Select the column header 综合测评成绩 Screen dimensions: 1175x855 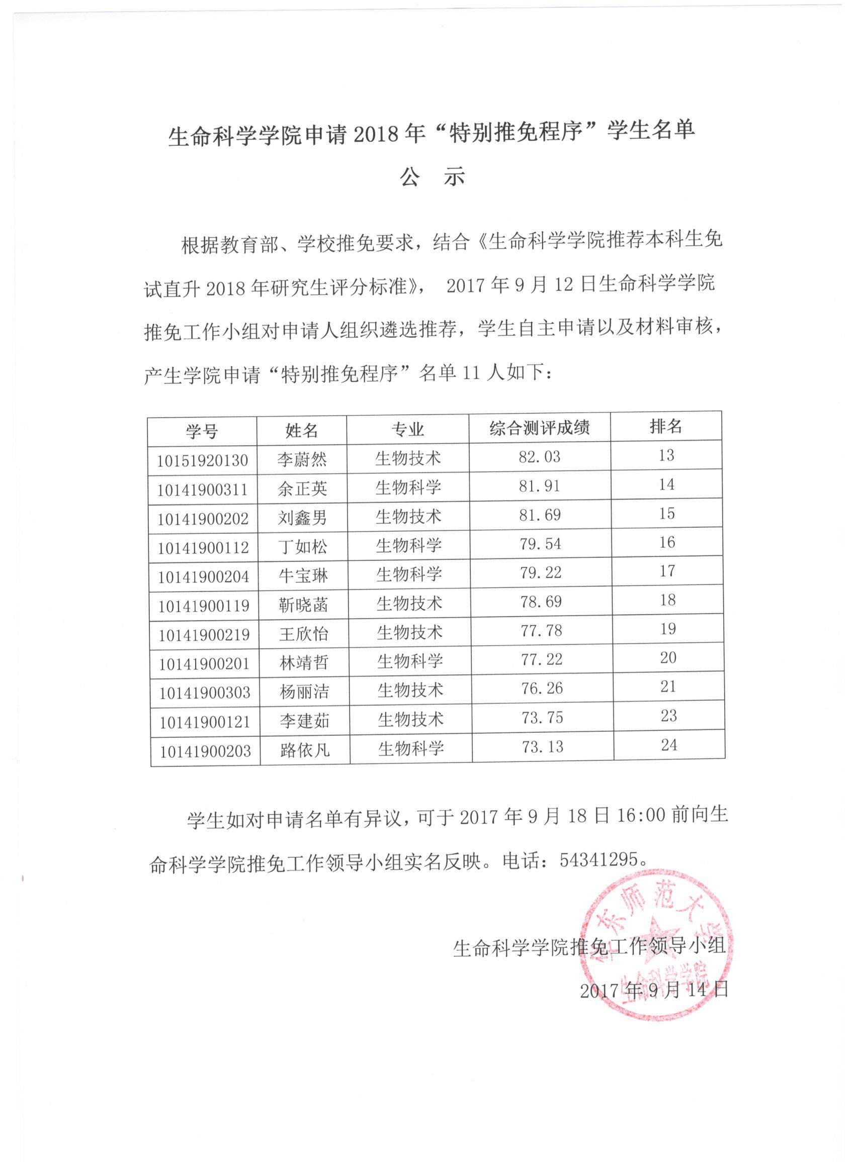click(x=539, y=428)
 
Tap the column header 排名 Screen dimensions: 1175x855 click(x=666, y=426)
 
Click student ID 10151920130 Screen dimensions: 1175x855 click(x=202, y=460)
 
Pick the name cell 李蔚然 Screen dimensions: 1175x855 click(x=301, y=459)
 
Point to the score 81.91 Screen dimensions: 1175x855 click(x=539, y=486)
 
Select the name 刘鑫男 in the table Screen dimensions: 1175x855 click(x=302, y=517)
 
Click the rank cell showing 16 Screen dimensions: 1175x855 click(x=667, y=542)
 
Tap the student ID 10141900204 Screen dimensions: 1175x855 click(x=203, y=576)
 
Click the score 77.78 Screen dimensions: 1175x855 click(x=541, y=631)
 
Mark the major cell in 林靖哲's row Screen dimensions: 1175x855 click(x=409, y=660)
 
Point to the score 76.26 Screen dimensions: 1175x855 click(x=541, y=689)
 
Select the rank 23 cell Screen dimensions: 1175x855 click(x=668, y=716)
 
